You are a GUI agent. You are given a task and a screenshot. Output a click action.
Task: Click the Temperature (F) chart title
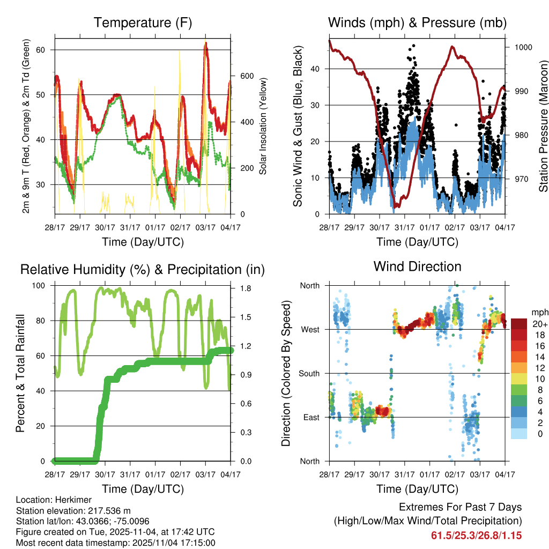point(143,23)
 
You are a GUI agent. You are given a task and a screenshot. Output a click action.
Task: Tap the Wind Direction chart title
point(417,266)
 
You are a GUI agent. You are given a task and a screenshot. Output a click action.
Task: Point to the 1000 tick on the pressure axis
point(523,47)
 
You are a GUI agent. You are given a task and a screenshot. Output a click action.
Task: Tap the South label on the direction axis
point(309,373)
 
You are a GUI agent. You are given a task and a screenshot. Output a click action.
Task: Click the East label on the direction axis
point(311,417)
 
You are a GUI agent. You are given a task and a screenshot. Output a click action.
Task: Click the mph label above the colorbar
point(539,312)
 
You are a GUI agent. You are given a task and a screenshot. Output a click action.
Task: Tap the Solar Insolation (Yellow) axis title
point(263,127)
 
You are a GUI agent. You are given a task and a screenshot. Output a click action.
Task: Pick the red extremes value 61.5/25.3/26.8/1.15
point(476,535)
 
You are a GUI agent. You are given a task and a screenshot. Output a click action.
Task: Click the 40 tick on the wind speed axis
point(316,69)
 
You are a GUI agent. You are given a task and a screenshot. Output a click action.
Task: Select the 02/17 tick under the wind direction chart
point(455,474)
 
